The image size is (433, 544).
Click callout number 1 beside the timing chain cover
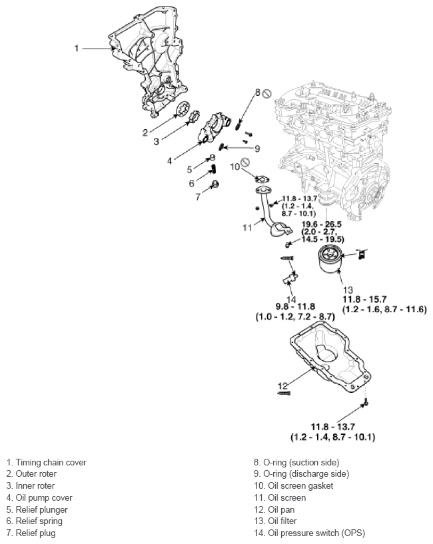pyautogui.click(x=77, y=48)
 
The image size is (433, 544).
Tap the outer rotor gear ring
pyautogui.click(x=183, y=109)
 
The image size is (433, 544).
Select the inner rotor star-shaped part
pyautogui.click(x=195, y=117)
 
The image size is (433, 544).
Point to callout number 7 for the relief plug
pyautogui.click(x=198, y=196)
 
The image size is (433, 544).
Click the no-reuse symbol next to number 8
pyautogui.click(x=266, y=93)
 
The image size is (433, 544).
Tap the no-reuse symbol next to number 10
pyautogui.click(x=245, y=162)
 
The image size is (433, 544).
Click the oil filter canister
pyautogui.click(x=329, y=259)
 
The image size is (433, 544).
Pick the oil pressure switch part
pyautogui.click(x=290, y=278)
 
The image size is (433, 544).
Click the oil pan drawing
pyautogui.click(x=330, y=357)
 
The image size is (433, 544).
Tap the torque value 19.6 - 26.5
pyautogui.click(x=321, y=224)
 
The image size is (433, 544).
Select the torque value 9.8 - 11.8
pyautogui.click(x=296, y=307)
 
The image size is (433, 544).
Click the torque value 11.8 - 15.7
pyautogui.click(x=364, y=299)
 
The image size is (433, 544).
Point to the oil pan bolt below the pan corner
pyautogui.click(x=366, y=402)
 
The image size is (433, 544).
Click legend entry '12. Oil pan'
pyautogui.click(x=274, y=509)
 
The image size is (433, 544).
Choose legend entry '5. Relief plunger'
pyautogui.click(x=37, y=509)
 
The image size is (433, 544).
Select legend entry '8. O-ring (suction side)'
pyautogui.click(x=296, y=463)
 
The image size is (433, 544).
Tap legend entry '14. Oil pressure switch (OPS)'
pyautogui.click(x=309, y=533)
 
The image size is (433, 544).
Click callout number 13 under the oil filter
pyautogui.click(x=348, y=290)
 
